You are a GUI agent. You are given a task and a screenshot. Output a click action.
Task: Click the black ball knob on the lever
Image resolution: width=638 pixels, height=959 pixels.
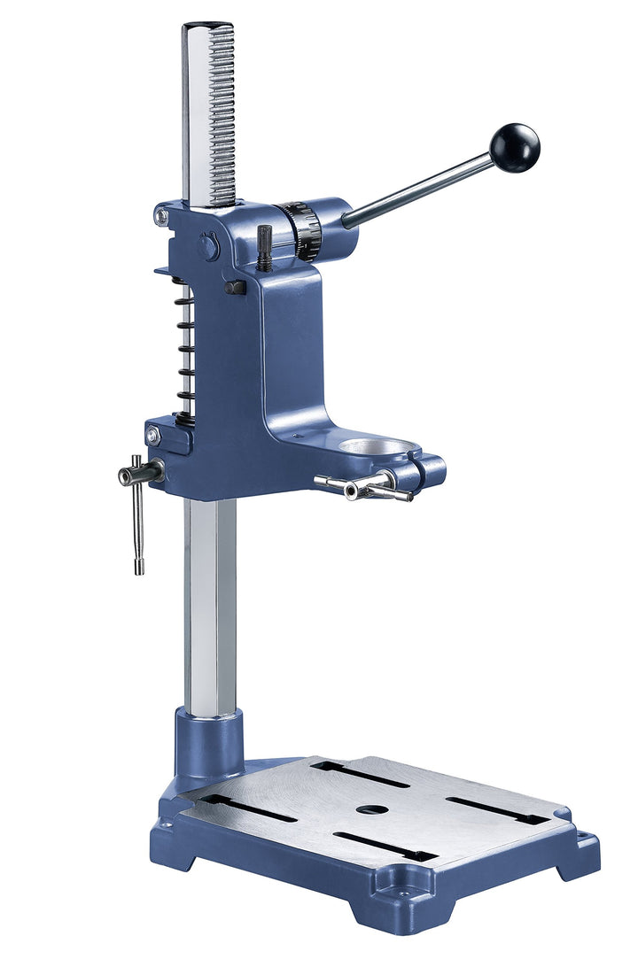tap(515, 148)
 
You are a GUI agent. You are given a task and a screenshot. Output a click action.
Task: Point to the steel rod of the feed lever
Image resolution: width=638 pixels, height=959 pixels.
tap(416, 189)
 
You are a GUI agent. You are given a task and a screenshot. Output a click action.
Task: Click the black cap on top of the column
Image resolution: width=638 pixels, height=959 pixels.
tap(207, 26)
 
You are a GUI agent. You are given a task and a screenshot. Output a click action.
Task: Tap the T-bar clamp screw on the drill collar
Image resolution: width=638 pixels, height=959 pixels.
tap(363, 486)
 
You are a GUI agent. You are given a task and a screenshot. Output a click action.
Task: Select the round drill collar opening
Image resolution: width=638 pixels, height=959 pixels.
tap(377, 445)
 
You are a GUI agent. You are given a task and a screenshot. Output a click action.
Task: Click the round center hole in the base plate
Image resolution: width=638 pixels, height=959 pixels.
tap(370, 809)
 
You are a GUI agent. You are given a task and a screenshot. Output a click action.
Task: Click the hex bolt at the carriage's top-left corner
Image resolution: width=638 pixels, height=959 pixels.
tap(161, 215)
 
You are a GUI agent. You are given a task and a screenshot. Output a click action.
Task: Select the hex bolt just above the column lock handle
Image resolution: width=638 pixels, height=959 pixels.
tap(153, 436)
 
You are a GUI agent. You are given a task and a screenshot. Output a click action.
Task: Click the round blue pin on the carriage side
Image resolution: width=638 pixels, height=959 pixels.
tap(207, 246)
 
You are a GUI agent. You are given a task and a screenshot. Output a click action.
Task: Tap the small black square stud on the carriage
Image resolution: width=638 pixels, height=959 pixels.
tap(235, 287)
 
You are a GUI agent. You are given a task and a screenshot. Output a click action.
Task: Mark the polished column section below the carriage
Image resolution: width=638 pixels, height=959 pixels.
tap(210, 602)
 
